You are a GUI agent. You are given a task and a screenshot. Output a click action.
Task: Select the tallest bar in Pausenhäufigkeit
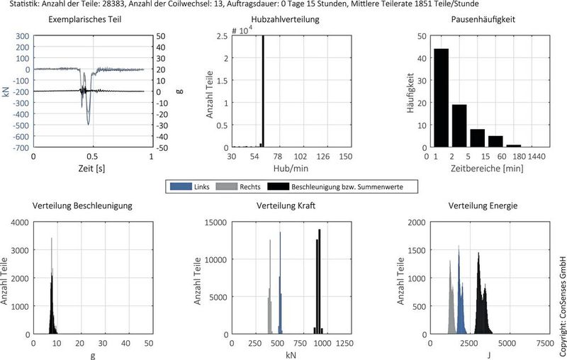(x=441, y=99)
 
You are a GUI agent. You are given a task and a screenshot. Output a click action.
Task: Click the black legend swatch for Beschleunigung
(x=274, y=187)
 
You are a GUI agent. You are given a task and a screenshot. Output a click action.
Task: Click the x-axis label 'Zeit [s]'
(x=92, y=170)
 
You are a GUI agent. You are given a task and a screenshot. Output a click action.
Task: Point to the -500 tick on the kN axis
(x=21, y=125)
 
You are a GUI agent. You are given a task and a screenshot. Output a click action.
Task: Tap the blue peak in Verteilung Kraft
(x=281, y=283)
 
